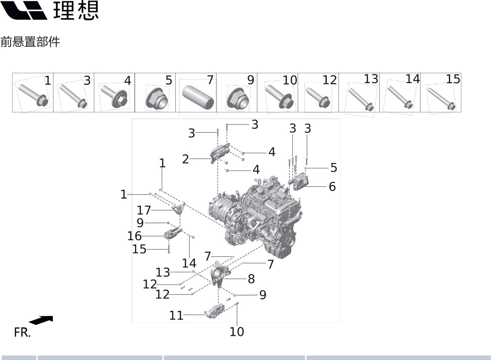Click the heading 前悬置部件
30,42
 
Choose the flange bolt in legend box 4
115,96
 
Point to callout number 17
144,210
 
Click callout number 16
135,236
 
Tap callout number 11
176,316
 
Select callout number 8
251,279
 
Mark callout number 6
332,187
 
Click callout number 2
185,159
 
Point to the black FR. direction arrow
41,320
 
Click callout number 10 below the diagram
237,332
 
